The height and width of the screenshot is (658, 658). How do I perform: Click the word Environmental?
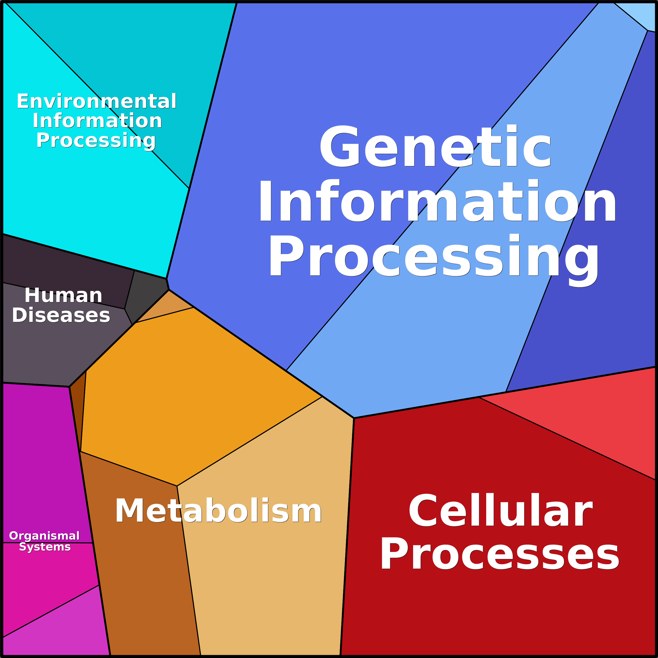pyautogui.click(x=97, y=101)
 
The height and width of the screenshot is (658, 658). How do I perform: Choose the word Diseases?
pyautogui.click(x=61, y=315)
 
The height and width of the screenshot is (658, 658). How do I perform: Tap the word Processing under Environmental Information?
pyautogui.click(x=96, y=141)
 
